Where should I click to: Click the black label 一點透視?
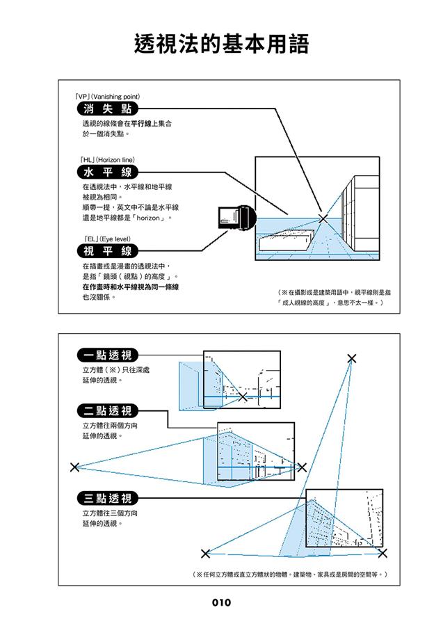[107, 355]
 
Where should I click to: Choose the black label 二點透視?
[107, 410]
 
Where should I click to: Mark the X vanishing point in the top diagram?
[323, 218]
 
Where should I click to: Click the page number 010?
[221, 603]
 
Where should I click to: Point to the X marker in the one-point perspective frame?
[242, 397]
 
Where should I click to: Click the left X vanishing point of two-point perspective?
[74, 467]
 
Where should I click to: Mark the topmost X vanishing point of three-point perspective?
[352, 358]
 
